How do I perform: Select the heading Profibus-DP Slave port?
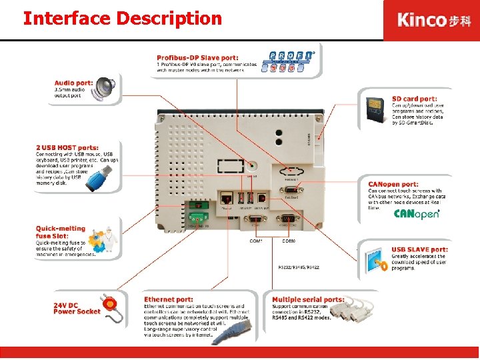(x=198, y=57)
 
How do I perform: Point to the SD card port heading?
(x=414, y=99)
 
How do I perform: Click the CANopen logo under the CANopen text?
(x=416, y=214)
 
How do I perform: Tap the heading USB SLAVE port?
(x=419, y=250)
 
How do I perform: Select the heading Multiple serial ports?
(x=308, y=300)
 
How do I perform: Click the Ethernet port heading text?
(x=169, y=300)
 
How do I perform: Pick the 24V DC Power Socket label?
(x=77, y=308)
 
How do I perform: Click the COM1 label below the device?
(x=256, y=241)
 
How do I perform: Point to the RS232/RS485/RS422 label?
(x=298, y=267)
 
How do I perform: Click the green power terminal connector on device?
(x=197, y=216)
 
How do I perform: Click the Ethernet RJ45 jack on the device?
(x=226, y=197)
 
